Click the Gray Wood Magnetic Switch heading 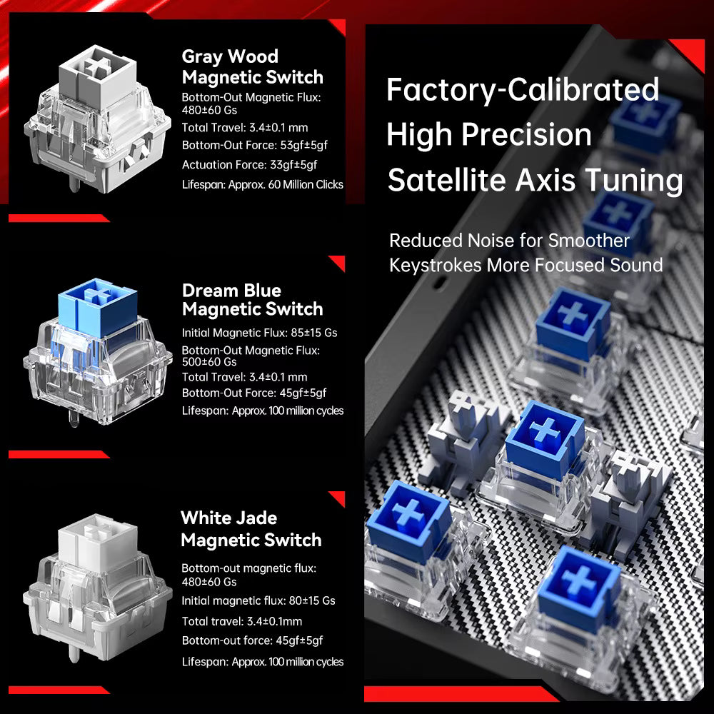(x=252, y=66)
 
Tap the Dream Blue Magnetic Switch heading (x=252, y=300)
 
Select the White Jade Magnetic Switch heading (x=251, y=528)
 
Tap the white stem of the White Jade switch (x=97, y=540)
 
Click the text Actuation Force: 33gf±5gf (x=249, y=164)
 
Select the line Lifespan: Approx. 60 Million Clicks (x=262, y=184)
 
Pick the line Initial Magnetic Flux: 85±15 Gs (x=260, y=333)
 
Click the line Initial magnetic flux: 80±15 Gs (x=258, y=600)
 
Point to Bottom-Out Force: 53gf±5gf (x=255, y=145)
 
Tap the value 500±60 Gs (x=209, y=362)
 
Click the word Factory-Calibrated (x=523, y=90)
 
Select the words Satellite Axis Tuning (x=535, y=180)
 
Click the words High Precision (x=488, y=135)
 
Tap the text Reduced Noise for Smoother (x=509, y=241)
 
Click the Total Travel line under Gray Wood (x=244, y=128)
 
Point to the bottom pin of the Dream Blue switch (x=74, y=419)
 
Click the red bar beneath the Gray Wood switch (x=59, y=218)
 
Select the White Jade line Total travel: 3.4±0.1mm (x=242, y=621)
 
